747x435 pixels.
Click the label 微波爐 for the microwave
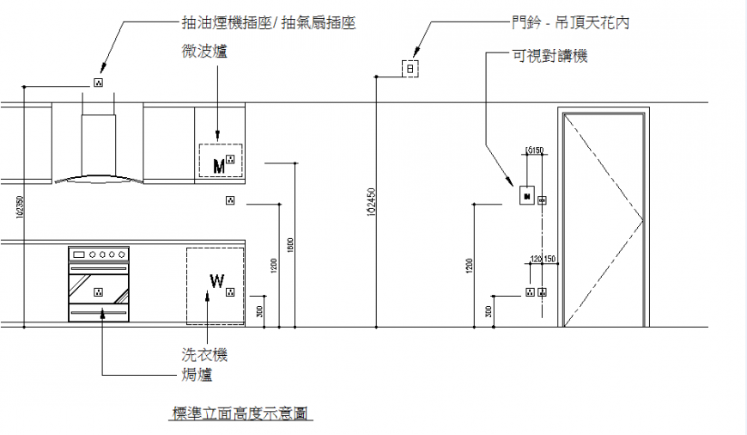coord(204,52)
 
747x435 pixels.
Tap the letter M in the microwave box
coord(218,164)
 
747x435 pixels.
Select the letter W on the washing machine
coord(216,280)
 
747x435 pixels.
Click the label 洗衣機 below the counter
coord(204,354)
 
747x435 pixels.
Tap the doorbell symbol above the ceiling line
coord(410,68)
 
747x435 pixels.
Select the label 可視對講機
coord(550,56)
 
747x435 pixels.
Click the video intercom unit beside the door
coord(525,197)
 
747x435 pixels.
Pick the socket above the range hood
coord(98,83)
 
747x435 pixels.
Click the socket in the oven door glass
coord(99,291)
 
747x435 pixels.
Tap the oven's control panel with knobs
coord(99,254)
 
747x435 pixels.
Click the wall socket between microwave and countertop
coord(229,201)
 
